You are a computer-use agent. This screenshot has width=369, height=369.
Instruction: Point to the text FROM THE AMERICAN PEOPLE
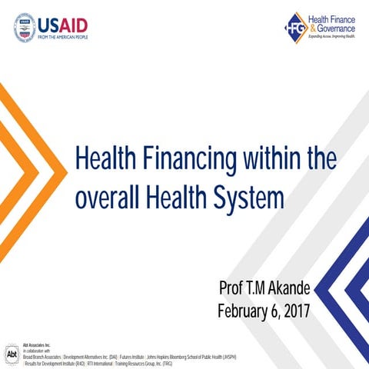point(62,36)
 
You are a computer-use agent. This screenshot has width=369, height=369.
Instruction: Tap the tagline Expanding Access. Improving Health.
point(329,35)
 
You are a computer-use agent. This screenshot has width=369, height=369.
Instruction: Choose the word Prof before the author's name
point(233,289)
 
